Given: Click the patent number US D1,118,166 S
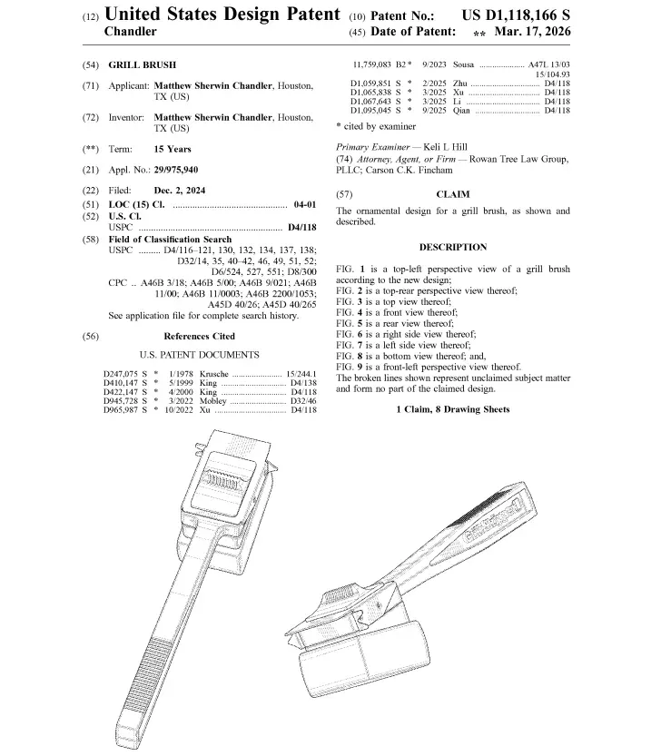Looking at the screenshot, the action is (516, 15).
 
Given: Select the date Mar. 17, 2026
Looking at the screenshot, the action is (532, 32).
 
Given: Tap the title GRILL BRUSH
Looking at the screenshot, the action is (143, 65).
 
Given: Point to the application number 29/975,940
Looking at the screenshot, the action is (176, 170).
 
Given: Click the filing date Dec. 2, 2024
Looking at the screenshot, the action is (180, 191).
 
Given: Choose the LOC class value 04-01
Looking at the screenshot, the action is (305, 204).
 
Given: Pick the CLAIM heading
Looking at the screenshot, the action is (453, 194).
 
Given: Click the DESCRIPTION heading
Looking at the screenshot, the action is (453, 248).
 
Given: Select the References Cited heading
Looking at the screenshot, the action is (199, 336).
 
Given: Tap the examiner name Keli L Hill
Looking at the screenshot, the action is (445, 147).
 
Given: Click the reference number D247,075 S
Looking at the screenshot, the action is (125, 374).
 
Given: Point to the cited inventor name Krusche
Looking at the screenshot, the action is (213, 374).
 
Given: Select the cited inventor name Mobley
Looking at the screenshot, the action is (212, 401).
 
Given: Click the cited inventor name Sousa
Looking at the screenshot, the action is (463, 64).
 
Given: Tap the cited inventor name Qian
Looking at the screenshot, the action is (461, 111).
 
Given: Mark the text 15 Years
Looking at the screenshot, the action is (173, 149).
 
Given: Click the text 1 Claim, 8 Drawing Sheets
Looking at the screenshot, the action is (453, 409).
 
